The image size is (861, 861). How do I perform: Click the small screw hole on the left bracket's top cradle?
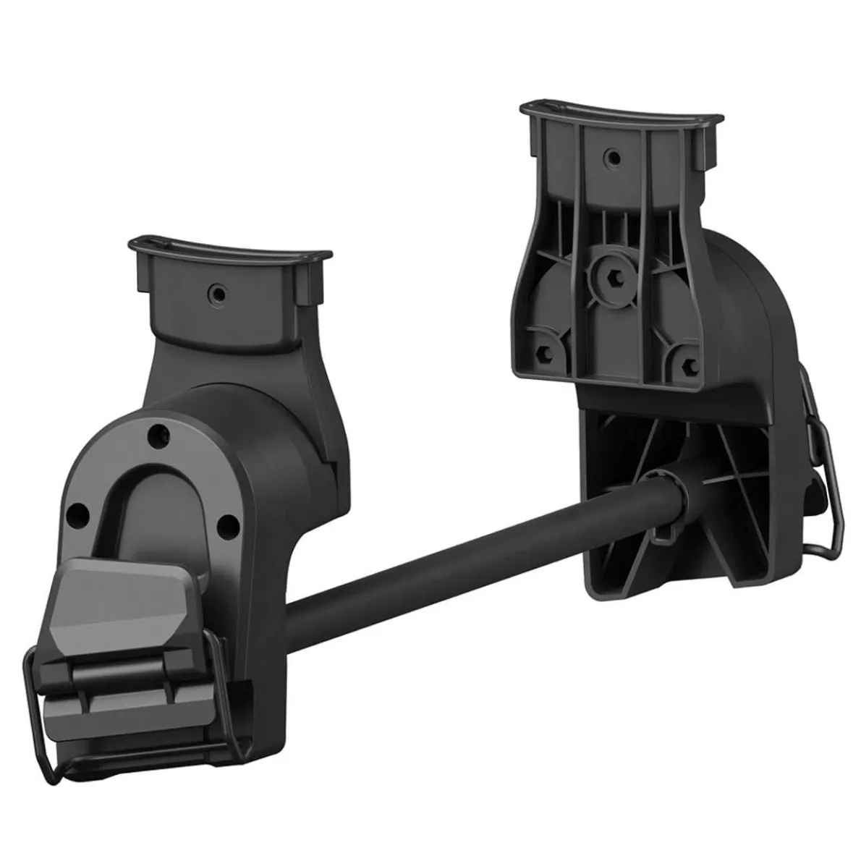tap(215, 292)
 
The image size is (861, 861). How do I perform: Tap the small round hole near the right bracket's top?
tap(613, 156)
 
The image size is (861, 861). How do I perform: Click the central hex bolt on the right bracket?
tap(603, 277)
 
